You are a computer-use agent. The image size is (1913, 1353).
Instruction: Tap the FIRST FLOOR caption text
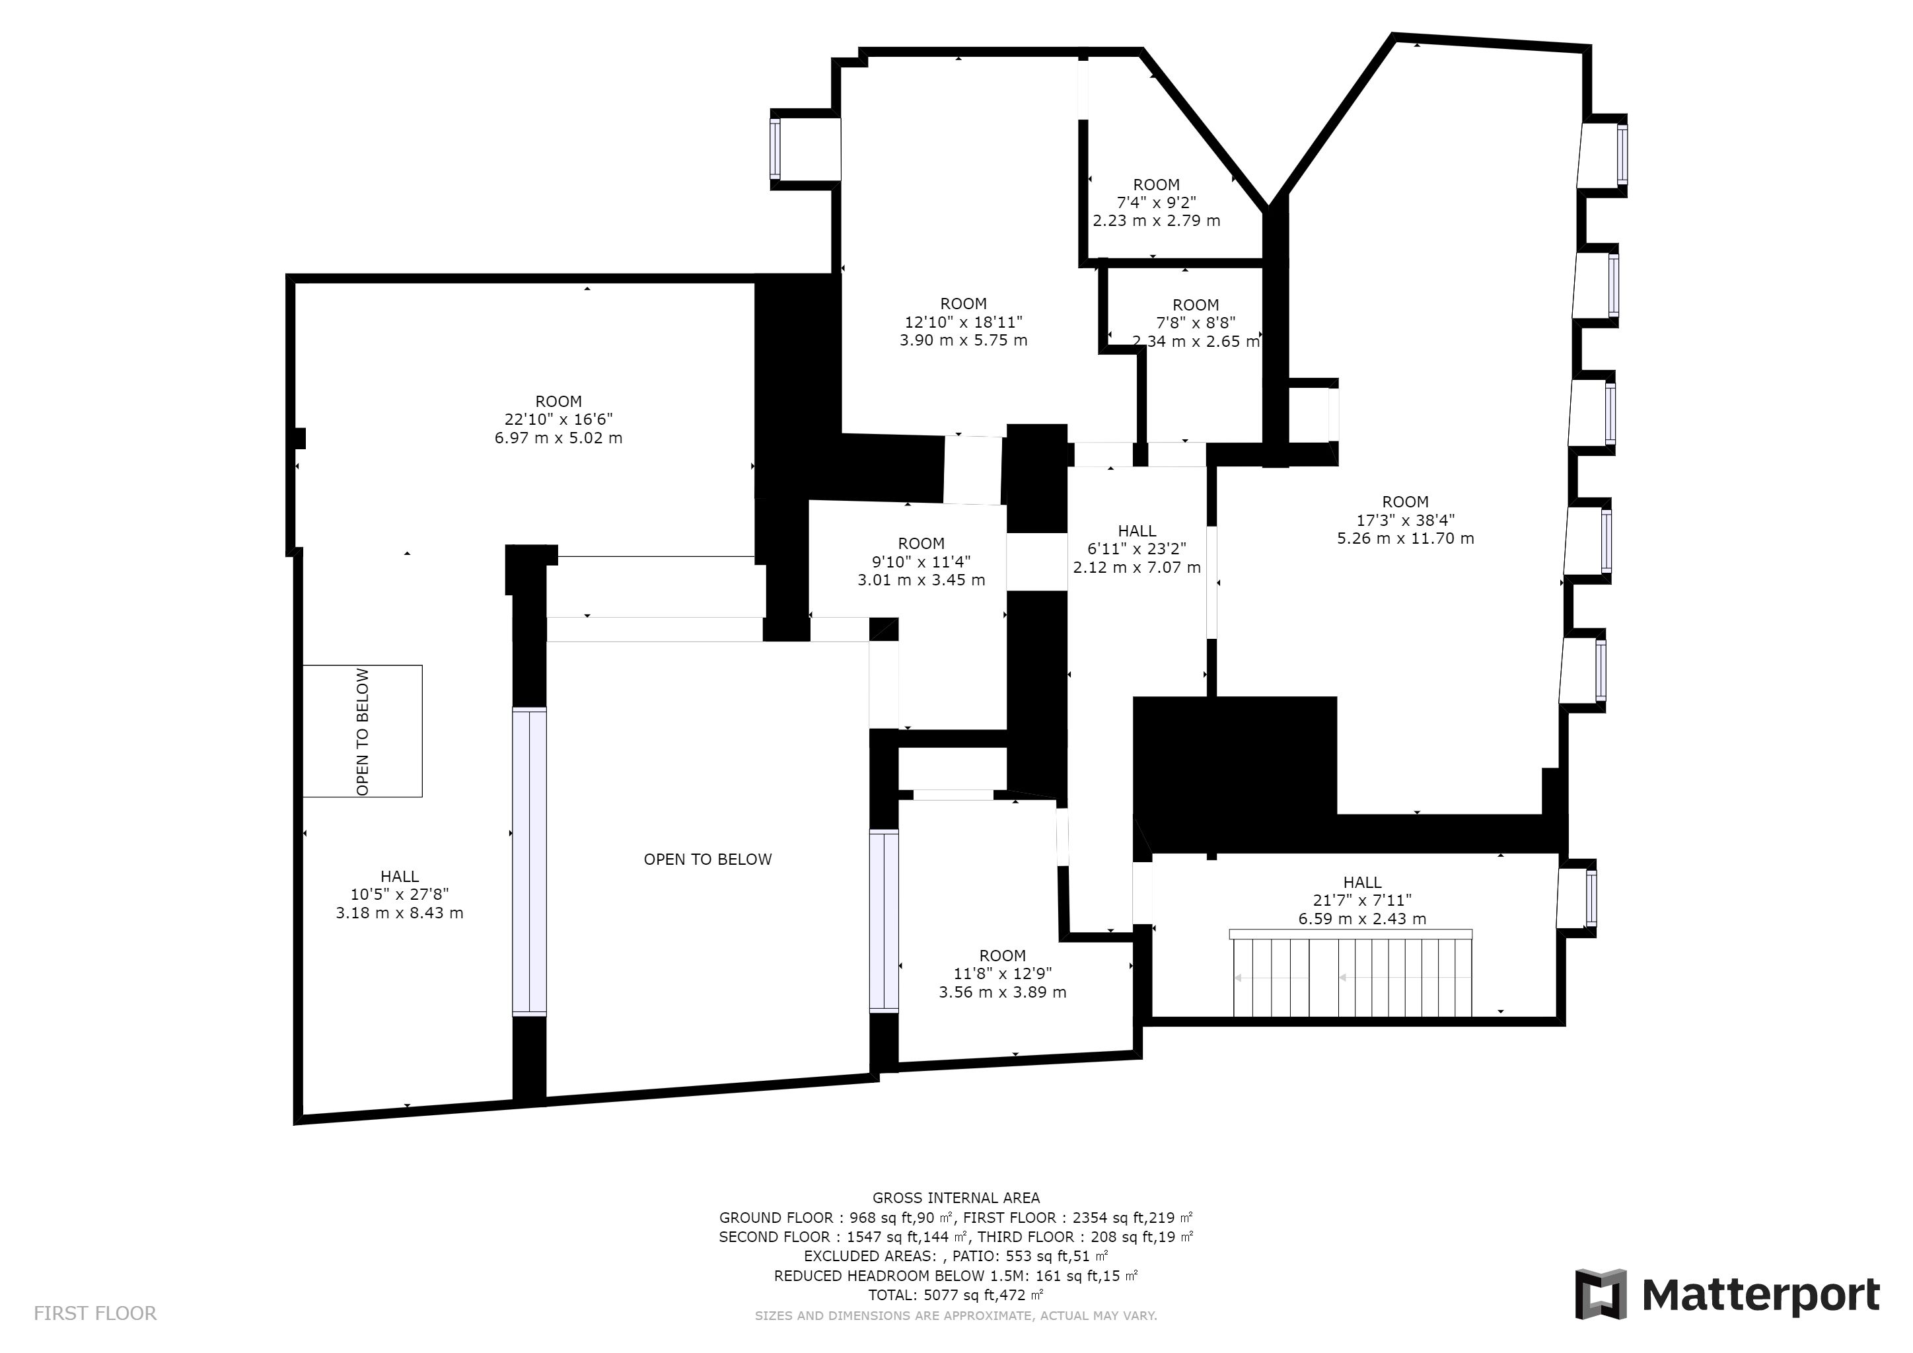click(x=95, y=1314)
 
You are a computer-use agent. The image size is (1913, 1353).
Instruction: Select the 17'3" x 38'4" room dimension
click(x=1406, y=520)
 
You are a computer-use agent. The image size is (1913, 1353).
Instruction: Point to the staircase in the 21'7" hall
click(x=1351, y=972)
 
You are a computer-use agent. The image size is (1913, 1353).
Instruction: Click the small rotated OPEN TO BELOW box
click(x=363, y=731)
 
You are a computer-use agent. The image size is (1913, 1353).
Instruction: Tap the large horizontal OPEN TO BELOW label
click(x=707, y=859)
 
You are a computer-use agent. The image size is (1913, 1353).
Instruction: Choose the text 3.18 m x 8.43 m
click(x=399, y=912)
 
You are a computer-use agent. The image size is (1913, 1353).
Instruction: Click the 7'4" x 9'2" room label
click(x=1157, y=202)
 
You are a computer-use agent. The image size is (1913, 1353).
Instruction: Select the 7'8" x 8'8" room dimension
click(x=1196, y=322)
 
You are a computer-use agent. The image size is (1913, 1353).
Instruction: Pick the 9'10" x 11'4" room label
click(x=921, y=562)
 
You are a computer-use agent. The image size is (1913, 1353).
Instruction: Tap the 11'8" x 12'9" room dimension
click(x=1002, y=973)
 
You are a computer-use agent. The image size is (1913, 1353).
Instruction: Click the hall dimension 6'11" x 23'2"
click(x=1136, y=549)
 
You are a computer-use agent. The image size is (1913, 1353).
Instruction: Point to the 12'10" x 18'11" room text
click(x=963, y=322)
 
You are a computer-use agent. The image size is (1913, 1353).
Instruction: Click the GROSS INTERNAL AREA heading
click(x=956, y=1198)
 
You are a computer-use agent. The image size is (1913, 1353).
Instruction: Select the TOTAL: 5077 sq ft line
click(x=956, y=1295)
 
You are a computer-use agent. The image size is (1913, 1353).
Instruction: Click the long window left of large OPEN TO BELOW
click(x=529, y=861)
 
